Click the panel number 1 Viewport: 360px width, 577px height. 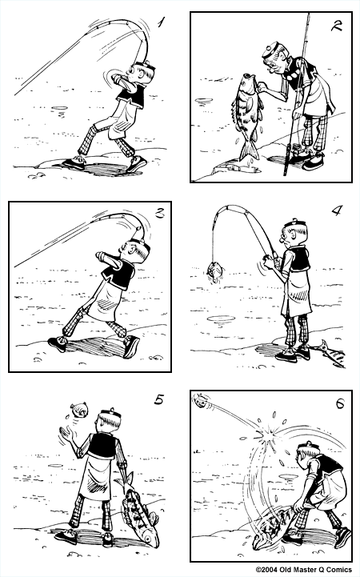(x=161, y=23)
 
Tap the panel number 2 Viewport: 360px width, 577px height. (x=337, y=26)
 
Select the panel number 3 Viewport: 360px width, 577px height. (x=159, y=213)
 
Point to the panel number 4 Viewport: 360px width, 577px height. (x=338, y=210)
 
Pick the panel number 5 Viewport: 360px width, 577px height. (x=159, y=399)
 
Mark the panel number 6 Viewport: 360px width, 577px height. (x=340, y=403)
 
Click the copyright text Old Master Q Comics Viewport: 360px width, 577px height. (x=303, y=570)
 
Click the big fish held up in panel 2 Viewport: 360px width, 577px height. (x=246, y=116)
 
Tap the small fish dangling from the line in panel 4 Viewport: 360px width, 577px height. (x=215, y=272)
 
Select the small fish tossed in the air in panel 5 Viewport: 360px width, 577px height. (x=80, y=410)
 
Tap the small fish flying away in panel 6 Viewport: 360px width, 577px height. (x=201, y=401)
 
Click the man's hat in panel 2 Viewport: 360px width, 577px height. (x=272, y=50)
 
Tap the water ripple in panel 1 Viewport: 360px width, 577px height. (x=59, y=108)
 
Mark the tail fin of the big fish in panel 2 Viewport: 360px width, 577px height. (x=250, y=151)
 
